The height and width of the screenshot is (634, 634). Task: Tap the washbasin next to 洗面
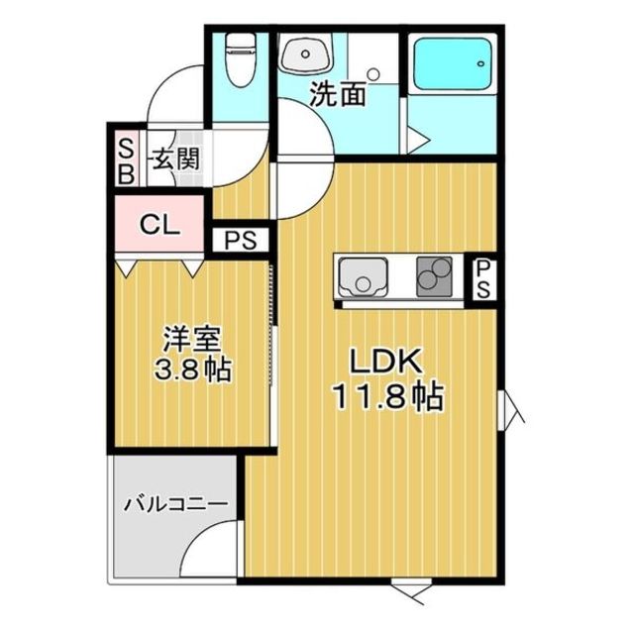point(305,55)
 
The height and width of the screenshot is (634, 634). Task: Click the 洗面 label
point(338,95)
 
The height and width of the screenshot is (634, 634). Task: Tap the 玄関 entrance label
point(177,158)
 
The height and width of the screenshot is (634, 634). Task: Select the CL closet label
point(158,225)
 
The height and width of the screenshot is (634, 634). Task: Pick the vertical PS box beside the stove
point(482,278)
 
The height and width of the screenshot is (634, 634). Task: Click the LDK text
point(371,363)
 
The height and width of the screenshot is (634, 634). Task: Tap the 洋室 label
point(191,340)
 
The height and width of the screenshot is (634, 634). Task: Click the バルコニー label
point(175,504)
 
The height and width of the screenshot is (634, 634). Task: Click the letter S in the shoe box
point(126,150)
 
